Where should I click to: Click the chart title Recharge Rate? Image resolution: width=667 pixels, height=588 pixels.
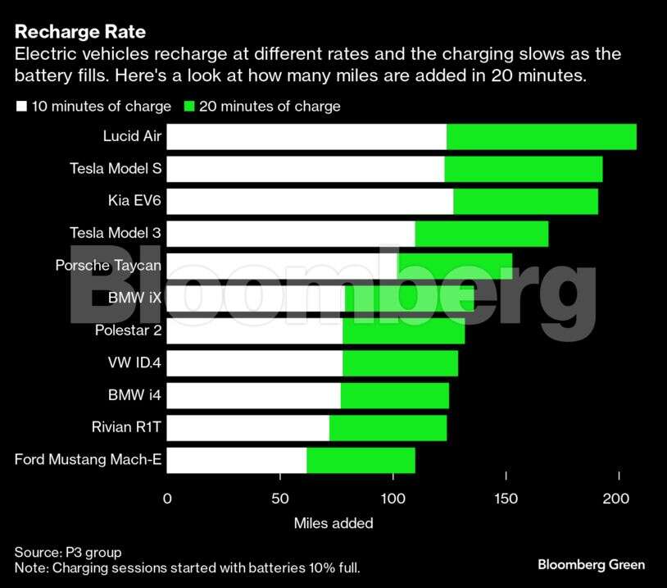click(80, 33)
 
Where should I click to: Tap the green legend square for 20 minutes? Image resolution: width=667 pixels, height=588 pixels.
click(189, 107)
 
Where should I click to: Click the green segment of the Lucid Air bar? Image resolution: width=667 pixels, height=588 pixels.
click(541, 137)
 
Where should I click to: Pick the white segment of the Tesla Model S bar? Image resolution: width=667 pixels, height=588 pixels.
click(306, 169)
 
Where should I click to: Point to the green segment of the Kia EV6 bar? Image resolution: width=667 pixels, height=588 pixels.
click(525, 202)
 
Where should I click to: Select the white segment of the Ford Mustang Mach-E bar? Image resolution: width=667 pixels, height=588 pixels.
click(237, 460)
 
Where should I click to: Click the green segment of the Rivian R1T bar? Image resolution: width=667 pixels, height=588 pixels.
click(388, 428)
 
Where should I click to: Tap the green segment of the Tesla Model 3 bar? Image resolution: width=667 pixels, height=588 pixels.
click(482, 234)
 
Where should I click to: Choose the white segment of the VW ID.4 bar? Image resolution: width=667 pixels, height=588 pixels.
click(255, 363)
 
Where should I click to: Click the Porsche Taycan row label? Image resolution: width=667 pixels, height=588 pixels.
click(108, 265)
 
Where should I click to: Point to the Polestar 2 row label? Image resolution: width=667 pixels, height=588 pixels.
click(126, 330)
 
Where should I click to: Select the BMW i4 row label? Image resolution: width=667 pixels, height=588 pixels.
click(134, 395)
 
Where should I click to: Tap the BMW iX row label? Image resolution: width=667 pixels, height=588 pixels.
click(134, 298)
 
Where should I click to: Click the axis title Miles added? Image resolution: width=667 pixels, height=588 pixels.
click(333, 523)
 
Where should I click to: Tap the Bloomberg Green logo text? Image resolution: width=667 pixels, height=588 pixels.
click(591, 564)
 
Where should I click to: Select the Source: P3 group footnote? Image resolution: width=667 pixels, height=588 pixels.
click(68, 552)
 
